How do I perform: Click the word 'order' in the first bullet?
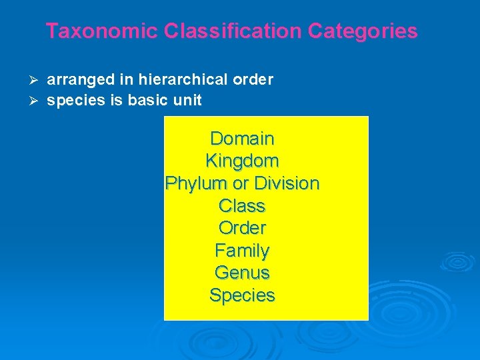pos(253,80)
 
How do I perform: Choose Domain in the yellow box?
pos(242,139)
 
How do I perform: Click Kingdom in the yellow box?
pos(242,161)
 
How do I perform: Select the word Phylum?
pos(194,183)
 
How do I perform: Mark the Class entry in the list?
pos(242,206)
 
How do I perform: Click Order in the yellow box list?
pos(242,228)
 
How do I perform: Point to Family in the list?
pos(242,251)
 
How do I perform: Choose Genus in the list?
pos(242,273)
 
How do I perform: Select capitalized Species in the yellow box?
pos(242,295)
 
